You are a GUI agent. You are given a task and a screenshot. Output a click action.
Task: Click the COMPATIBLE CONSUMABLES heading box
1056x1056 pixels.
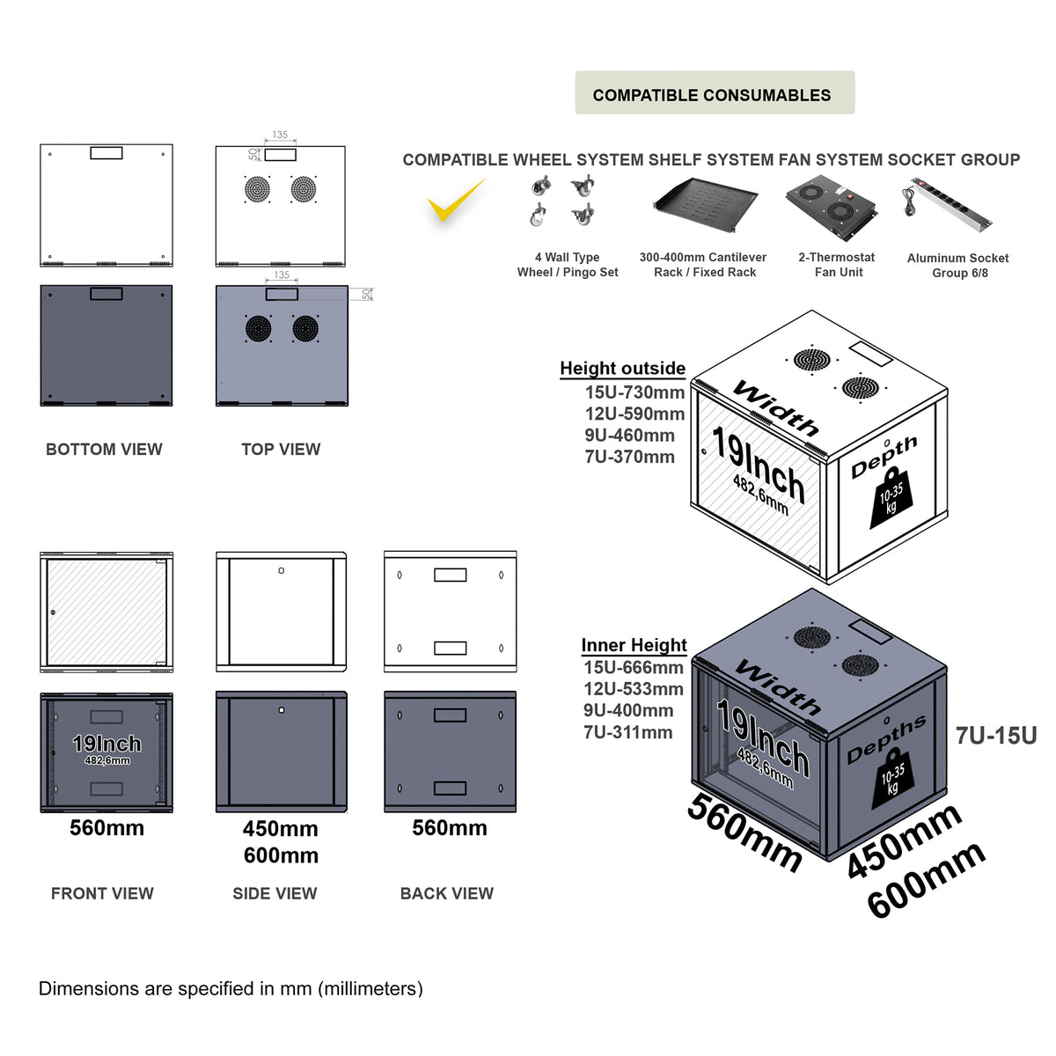click(x=714, y=93)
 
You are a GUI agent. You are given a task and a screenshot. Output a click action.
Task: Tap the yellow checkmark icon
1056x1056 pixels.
click(x=455, y=202)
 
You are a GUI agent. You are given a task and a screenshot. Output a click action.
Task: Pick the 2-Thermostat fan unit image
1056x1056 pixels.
click(x=832, y=205)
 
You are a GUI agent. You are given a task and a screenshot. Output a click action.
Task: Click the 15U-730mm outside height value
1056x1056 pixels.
click(x=634, y=392)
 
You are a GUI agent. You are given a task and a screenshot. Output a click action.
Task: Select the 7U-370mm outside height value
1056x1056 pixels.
click(x=629, y=457)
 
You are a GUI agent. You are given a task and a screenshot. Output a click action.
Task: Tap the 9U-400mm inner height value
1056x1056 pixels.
click(x=627, y=710)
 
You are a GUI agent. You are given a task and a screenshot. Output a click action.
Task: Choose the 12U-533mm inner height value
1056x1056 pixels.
click(x=633, y=689)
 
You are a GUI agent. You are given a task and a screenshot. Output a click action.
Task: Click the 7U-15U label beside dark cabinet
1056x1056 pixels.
click(x=995, y=736)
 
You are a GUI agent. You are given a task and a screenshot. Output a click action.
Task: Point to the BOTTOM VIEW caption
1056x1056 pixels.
click(x=104, y=450)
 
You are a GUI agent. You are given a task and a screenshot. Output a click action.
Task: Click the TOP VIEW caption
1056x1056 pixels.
click(x=281, y=450)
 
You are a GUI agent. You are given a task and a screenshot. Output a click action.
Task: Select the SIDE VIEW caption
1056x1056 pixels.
click(x=275, y=893)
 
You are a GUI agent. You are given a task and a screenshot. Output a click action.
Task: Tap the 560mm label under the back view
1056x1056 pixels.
click(x=449, y=828)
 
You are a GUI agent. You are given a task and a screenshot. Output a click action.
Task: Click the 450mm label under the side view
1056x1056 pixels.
click(x=280, y=829)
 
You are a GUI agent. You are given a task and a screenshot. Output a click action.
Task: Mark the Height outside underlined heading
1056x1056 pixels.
click(x=622, y=369)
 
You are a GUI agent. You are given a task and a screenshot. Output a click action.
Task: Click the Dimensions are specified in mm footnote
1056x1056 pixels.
click(x=231, y=989)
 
